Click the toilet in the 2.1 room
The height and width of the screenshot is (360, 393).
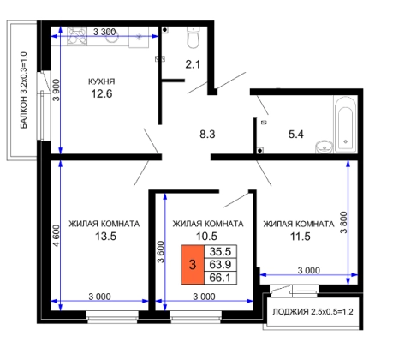(x=193, y=37)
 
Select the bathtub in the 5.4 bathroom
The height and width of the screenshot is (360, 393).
(x=345, y=125)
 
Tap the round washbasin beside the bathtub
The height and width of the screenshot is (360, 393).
(x=324, y=147)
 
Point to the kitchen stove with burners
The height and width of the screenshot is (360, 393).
(x=77, y=36)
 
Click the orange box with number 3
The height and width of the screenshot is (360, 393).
(x=193, y=265)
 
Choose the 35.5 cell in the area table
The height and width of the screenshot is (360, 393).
(x=220, y=251)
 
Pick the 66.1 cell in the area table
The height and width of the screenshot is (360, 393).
(x=220, y=278)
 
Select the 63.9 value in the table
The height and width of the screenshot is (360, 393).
(x=220, y=265)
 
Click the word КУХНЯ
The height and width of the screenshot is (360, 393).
(x=102, y=81)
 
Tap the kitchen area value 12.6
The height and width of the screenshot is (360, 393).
(x=102, y=93)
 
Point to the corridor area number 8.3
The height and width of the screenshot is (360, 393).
(x=207, y=134)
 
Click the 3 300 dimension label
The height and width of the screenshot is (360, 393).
(x=104, y=32)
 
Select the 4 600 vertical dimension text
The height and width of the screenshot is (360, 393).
(x=57, y=236)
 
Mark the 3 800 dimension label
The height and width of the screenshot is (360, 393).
(x=344, y=223)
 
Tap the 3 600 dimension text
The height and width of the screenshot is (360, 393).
(x=161, y=252)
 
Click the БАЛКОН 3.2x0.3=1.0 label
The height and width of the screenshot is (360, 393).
(x=24, y=90)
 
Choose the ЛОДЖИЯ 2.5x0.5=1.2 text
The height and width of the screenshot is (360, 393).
(x=313, y=311)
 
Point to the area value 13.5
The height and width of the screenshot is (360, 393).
(x=105, y=237)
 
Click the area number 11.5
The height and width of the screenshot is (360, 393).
(x=300, y=237)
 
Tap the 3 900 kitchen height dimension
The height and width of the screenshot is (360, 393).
(x=57, y=90)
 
